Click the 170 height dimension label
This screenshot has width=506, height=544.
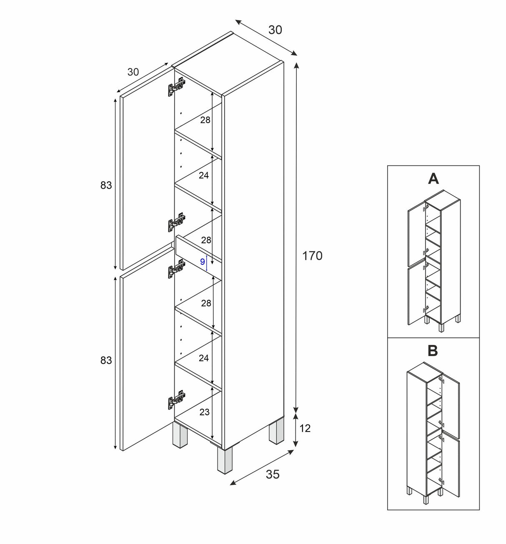coord(312,256)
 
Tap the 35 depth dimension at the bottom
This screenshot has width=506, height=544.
coord(273,474)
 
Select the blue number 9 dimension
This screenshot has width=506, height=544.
coord(203,262)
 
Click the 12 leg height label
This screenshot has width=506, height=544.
coord(305,428)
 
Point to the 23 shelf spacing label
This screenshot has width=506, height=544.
coord(204,412)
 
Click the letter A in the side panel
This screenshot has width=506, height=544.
coord(433,179)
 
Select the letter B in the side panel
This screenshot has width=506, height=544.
coord(433,351)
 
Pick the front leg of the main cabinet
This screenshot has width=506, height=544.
coord(224,461)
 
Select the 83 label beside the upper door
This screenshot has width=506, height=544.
coord(106,185)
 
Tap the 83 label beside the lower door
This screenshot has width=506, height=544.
coord(106,360)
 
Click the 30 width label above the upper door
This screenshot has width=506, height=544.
coord(133,72)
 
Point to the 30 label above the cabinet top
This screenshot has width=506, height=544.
coord(275,30)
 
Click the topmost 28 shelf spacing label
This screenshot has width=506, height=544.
coord(205,120)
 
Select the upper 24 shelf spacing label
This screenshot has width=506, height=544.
coord(203,175)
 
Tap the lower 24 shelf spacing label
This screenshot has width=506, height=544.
coord(203,358)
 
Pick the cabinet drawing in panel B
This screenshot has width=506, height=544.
coord(433,433)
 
